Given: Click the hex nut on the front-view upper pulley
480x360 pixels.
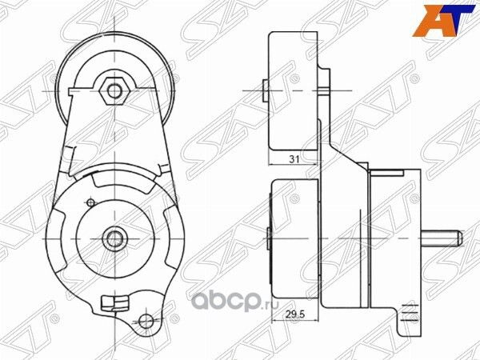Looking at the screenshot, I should click(x=115, y=90).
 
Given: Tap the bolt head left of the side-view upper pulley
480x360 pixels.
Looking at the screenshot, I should click(x=265, y=90).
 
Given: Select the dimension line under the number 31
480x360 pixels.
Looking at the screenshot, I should click(x=294, y=166).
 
